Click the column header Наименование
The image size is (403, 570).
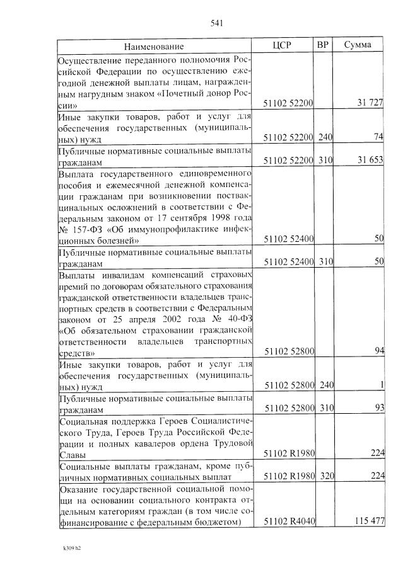coord(154,47)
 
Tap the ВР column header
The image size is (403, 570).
coord(323,46)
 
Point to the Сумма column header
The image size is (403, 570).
coord(358,46)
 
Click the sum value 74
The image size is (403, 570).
coord(378,137)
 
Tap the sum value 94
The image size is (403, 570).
coord(378,351)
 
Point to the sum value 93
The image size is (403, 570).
coord(378,408)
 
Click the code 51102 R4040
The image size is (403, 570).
coord(288,522)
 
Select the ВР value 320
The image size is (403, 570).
coord(325,476)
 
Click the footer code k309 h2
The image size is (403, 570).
coord(69,557)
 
